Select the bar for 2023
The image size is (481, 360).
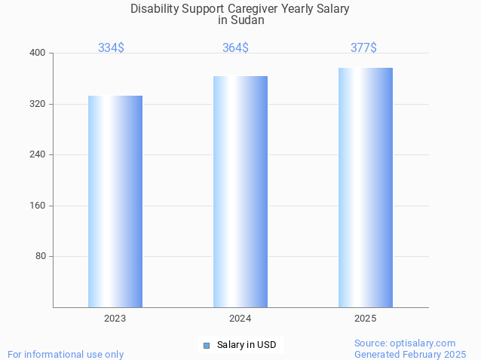[115, 201]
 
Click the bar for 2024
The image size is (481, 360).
[240, 191]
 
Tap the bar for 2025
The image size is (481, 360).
[366, 188]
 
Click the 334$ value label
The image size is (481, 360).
[111, 47]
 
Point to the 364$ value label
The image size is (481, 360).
[235, 47]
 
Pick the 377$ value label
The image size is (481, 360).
[363, 47]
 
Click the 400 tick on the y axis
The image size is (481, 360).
[38, 53]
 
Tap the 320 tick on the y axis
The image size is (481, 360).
[38, 104]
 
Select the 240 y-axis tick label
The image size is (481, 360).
[38, 154]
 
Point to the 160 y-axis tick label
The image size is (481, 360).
[38, 206]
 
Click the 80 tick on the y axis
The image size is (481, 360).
[41, 256]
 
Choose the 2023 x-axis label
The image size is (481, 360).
[115, 319]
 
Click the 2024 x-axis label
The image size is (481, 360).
[240, 319]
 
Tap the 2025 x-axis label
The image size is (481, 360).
[366, 319]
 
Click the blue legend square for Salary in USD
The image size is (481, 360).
[206, 345]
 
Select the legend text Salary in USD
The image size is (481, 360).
[247, 345]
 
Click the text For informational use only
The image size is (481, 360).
[66, 354]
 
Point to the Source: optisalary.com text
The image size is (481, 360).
[405, 343]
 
